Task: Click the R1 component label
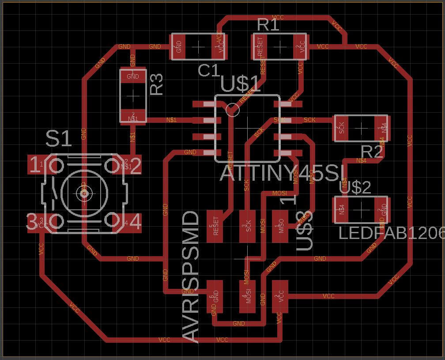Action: [268, 25]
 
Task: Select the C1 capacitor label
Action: [209, 71]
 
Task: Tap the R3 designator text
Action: [156, 84]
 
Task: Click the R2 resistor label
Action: [371, 152]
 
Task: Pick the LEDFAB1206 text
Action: [391, 233]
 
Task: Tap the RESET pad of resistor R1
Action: [260, 46]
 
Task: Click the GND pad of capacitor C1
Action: [179, 46]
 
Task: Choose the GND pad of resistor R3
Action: [133, 76]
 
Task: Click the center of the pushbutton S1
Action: [84, 193]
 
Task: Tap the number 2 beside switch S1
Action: [136, 166]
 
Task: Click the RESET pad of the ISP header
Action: [215, 226]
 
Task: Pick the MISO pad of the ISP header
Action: [279, 226]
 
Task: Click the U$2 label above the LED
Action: [355, 188]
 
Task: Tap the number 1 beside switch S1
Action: [34, 166]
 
